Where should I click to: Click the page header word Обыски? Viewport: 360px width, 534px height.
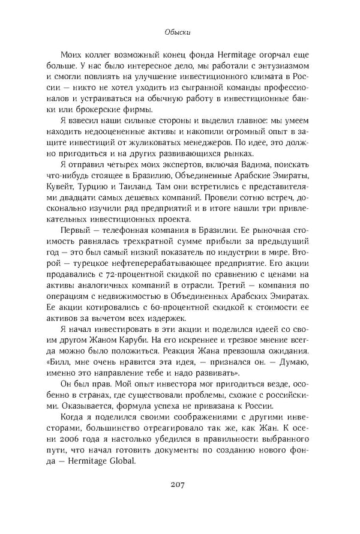(179, 34)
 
